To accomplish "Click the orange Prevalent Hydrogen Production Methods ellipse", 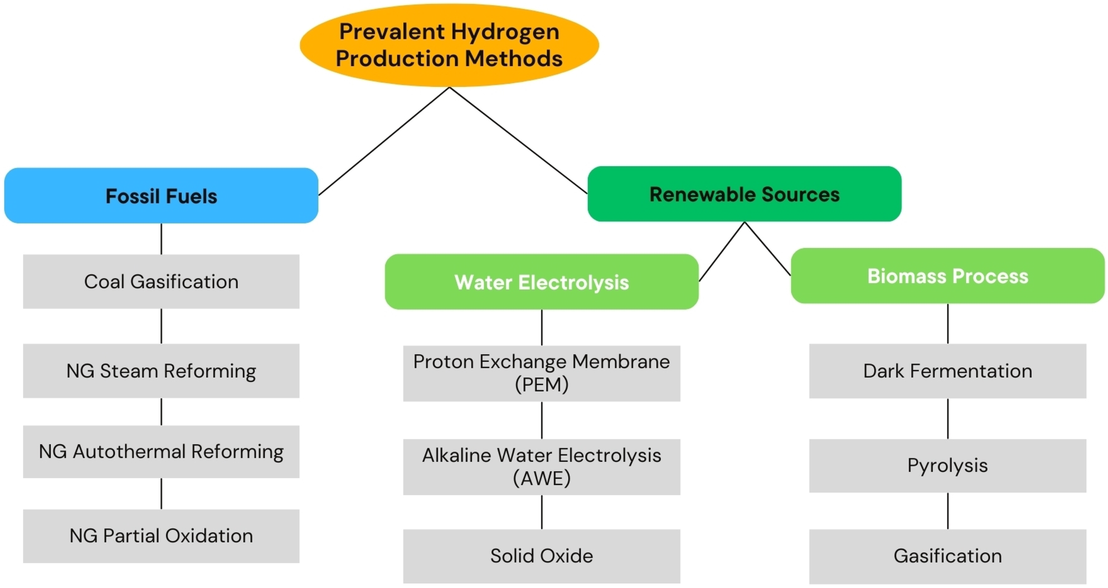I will [449, 45].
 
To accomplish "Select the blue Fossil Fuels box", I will [161, 195].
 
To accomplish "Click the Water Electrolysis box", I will [542, 282].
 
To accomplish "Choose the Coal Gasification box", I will [161, 282].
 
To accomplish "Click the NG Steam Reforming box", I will [161, 370].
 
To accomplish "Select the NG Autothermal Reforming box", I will [161, 451].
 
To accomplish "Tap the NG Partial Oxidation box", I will [161, 536].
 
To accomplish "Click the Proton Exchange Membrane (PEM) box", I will [542, 373].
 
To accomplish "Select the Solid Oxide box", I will [542, 556].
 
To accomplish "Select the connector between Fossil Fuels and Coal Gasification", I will [161, 239].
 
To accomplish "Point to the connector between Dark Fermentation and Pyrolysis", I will [948, 418].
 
